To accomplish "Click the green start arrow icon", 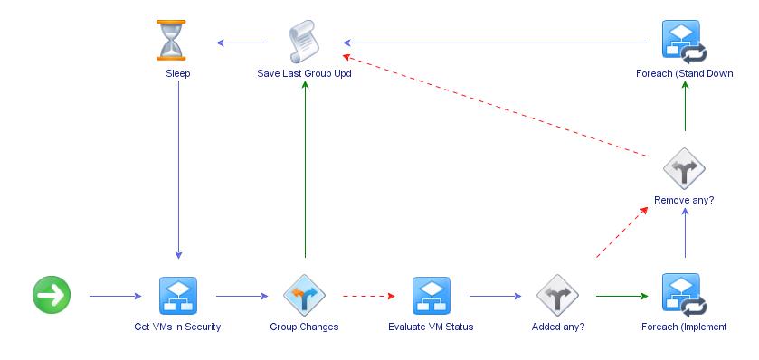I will (52, 295).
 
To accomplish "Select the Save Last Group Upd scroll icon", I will (304, 41).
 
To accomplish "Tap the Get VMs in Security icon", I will (177, 295).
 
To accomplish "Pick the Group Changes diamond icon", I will (304, 295).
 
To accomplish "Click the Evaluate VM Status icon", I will (431, 295).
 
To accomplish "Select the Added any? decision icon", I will (557, 295).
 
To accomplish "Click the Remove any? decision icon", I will (684, 168).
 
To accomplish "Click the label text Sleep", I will (177, 73).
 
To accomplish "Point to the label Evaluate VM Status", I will (431, 327).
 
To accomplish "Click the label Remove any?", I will (684, 200).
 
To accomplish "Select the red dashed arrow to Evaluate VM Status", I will (367, 296).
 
